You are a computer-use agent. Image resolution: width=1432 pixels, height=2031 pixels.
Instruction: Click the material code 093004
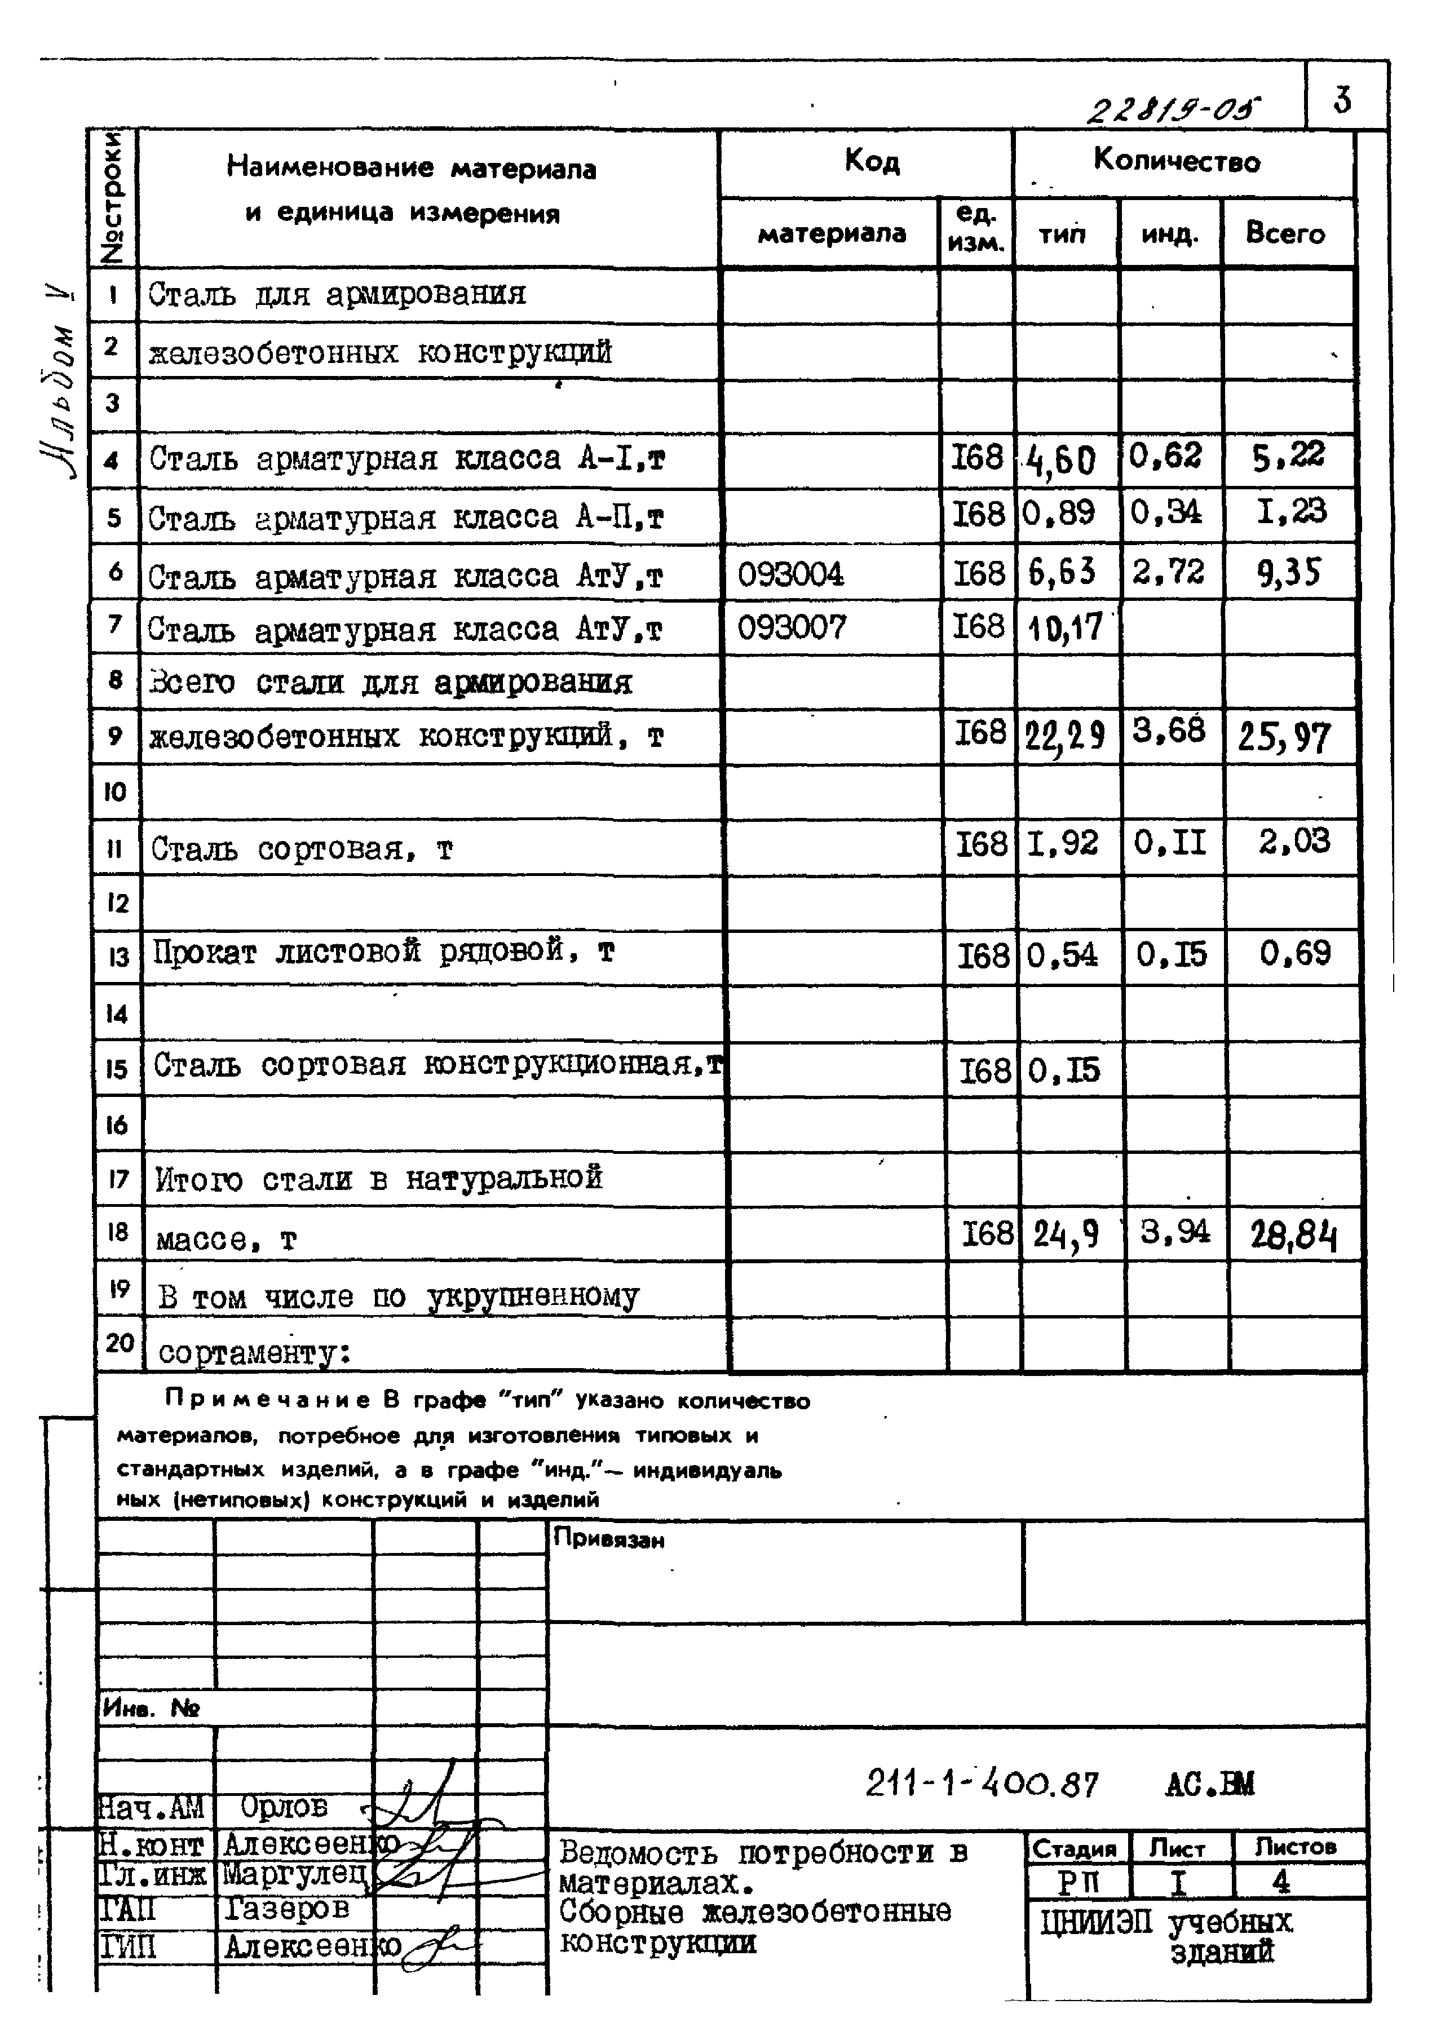click(791, 575)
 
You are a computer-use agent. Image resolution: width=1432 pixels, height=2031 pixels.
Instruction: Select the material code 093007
click(792, 628)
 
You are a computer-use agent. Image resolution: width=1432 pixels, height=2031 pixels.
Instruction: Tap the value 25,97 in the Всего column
click(1284, 736)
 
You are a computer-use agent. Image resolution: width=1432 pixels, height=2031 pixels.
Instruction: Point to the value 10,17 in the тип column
click(1065, 628)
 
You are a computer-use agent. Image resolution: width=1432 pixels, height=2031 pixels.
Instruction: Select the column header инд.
click(1169, 234)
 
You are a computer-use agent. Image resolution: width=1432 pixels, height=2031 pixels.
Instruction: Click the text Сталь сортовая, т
click(302, 849)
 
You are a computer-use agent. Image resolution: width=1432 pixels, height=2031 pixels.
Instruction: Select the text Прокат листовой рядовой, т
click(383, 952)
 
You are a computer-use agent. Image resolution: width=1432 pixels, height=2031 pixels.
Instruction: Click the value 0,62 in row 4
click(1166, 457)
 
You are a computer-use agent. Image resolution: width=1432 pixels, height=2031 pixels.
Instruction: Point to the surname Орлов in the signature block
click(283, 1806)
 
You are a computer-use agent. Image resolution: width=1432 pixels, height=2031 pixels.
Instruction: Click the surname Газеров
click(286, 1908)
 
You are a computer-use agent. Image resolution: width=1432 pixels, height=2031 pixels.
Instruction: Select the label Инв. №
click(151, 1708)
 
